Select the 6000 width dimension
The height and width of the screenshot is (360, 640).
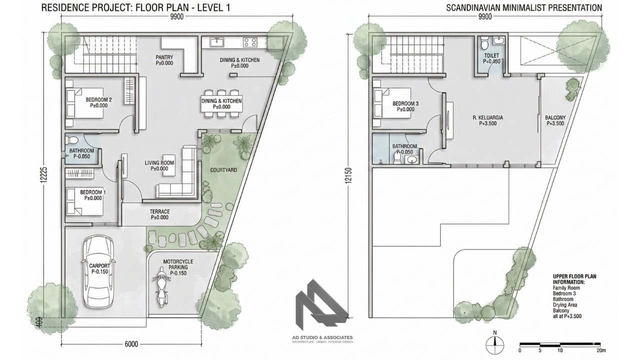[x=131, y=344]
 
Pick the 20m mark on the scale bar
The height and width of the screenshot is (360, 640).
[x=601, y=350]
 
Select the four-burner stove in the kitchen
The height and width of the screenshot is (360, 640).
[x=250, y=42]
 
